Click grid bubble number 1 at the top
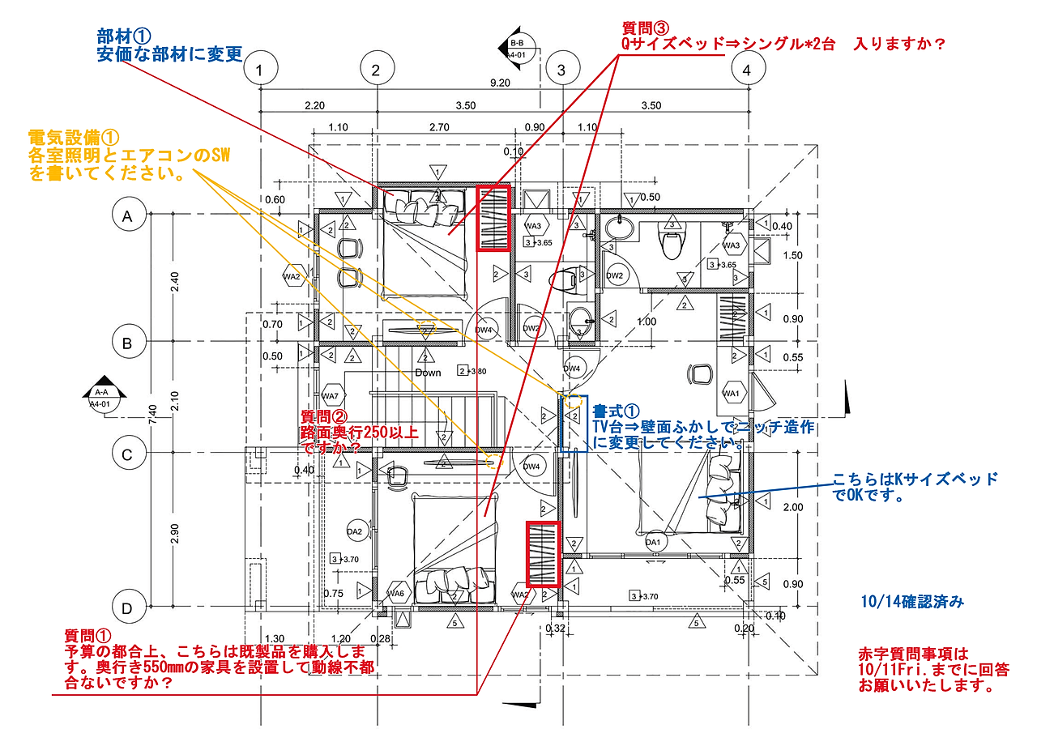pyautogui.click(x=259, y=71)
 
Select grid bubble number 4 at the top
pyautogui.click(x=747, y=71)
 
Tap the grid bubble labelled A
pyautogui.click(x=126, y=215)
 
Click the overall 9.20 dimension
pyautogui.click(x=500, y=83)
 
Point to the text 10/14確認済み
pyautogui.click(x=911, y=603)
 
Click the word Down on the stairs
pyautogui.click(x=428, y=373)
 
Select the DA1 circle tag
pyautogui.click(x=652, y=542)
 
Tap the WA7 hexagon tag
pyautogui.click(x=331, y=396)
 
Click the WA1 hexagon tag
pyautogui.click(x=733, y=394)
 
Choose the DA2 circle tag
pyautogui.click(x=355, y=532)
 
